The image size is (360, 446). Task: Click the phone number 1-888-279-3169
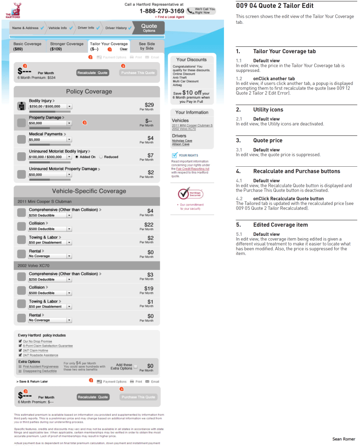pos(162,11)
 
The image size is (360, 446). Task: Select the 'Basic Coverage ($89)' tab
pos(27,46)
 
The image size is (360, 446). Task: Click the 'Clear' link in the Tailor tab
pos(123,49)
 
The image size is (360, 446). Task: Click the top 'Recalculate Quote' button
pos(93,73)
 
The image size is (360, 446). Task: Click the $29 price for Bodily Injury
pos(149,105)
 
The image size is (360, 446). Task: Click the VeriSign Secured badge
pos(190,193)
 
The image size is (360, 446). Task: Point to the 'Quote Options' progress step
pos(149,28)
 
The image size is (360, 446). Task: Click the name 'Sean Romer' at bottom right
pos(344,439)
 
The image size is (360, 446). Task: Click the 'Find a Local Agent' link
pos(170,17)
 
